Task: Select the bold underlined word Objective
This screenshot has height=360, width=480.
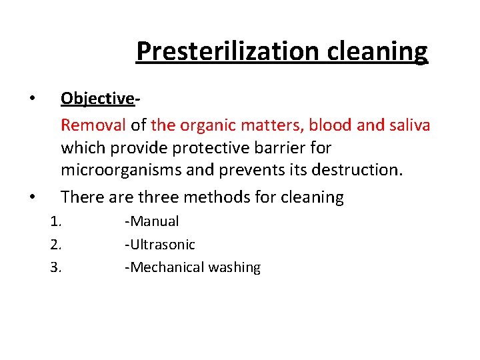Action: [x=97, y=98]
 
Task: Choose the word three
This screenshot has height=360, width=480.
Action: [x=157, y=197]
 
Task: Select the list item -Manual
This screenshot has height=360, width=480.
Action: [x=152, y=221]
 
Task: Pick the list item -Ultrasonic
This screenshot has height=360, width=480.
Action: [x=160, y=245]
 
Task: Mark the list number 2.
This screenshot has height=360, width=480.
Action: [x=56, y=245]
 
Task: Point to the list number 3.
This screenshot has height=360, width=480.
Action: [x=56, y=268]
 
